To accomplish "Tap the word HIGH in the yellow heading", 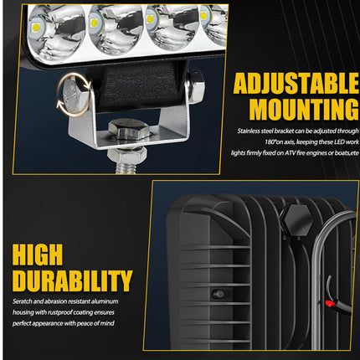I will (47, 252).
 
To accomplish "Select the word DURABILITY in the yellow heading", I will (72, 280).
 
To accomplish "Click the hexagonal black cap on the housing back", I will (297, 219).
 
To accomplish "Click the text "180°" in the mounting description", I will (270, 142).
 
